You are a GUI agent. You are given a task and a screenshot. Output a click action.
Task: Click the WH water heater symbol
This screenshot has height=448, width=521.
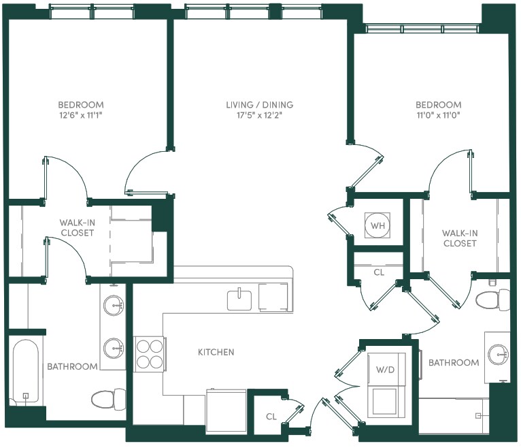click(x=377, y=225)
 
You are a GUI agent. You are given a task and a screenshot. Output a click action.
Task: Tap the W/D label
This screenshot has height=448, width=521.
click(x=385, y=370)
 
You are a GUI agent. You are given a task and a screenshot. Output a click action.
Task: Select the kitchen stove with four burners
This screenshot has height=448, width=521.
click(x=150, y=354)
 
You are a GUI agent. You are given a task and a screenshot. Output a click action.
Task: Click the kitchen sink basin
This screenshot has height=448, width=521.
click(x=239, y=300)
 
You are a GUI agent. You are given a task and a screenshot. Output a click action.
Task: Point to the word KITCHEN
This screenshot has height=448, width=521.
click(x=216, y=352)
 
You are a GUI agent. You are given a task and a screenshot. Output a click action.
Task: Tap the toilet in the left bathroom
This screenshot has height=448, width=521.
click(x=109, y=400)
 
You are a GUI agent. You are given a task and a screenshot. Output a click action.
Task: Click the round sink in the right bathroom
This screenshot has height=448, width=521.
click(x=498, y=354)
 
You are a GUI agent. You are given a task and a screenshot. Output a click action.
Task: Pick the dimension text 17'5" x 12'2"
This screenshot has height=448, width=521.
click(x=260, y=116)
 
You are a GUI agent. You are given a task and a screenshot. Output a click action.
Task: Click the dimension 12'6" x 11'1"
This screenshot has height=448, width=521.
click(x=81, y=116)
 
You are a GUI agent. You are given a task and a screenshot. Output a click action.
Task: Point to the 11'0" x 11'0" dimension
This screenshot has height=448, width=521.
click(x=438, y=116)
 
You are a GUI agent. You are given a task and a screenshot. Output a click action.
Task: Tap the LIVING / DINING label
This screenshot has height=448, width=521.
click(x=260, y=105)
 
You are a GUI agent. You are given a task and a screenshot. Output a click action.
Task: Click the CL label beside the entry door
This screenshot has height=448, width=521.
click(x=271, y=417)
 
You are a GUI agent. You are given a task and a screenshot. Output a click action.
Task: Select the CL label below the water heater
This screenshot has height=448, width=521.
click(x=379, y=272)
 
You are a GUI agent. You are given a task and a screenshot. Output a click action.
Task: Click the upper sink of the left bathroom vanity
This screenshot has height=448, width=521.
click(x=114, y=305)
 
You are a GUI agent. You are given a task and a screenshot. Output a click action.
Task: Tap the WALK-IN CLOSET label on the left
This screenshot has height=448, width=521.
click(x=77, y=227)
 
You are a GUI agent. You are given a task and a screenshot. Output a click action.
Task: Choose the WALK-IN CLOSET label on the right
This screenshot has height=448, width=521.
click(x=460, y=238)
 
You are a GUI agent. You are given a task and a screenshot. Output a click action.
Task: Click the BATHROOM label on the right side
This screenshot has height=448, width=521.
click(x=454, y=362)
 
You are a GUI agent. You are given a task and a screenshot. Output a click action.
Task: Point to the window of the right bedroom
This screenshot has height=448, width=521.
click(x=422, y=29)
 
